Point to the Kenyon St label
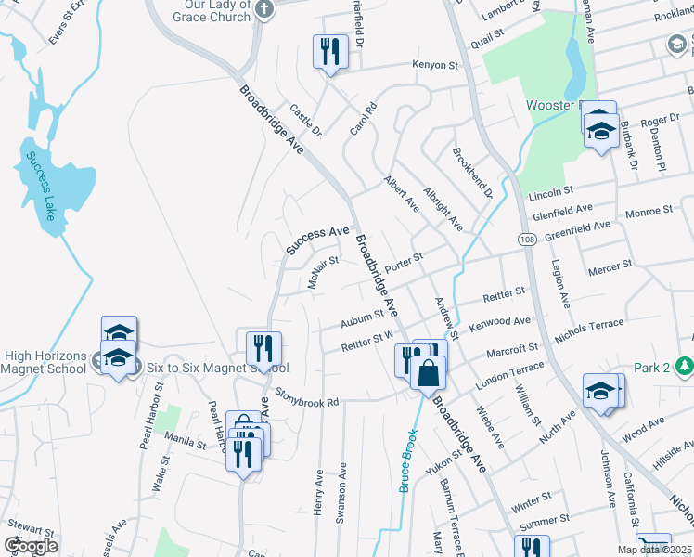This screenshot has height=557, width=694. click(436, 66)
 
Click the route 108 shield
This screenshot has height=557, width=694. click(527, 240)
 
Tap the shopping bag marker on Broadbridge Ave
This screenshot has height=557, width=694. click(428, 375)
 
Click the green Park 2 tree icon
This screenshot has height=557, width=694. click(685, 366)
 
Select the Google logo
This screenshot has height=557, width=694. click(31, 545)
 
